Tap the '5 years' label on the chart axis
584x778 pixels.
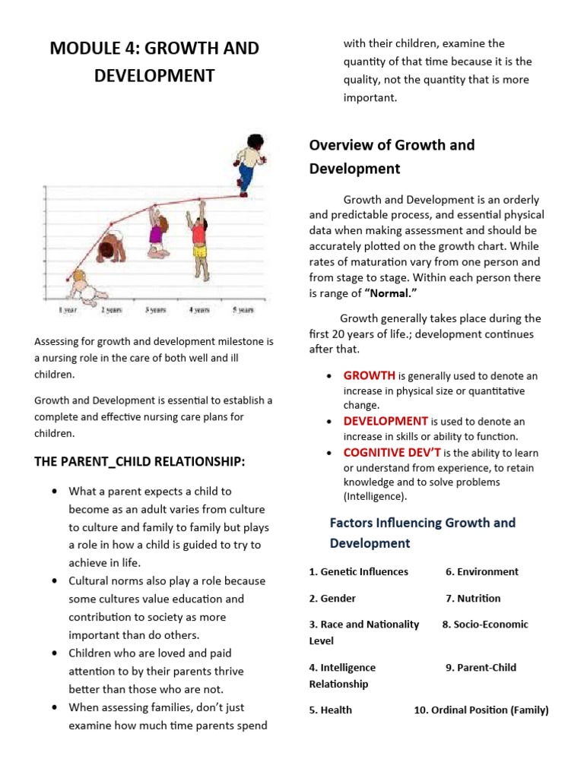click(x=243, y=310)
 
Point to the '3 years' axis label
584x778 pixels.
click(x=156, y=310)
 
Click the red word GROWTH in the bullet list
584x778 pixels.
click(x=369, y=375)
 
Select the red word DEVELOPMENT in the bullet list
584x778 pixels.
click(x=386, y=421)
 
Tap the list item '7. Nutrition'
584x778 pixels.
click(x=473, y=598)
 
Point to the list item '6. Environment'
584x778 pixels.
click(x=481, y=571)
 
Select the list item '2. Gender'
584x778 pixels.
click(x=332, y=598)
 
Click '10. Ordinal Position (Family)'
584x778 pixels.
click(x=481, y=710)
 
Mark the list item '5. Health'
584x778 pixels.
click(x=331, y=710)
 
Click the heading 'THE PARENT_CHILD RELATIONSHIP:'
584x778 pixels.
click(x=139, y=461)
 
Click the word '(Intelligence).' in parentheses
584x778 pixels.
click(x=375, y=497)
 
